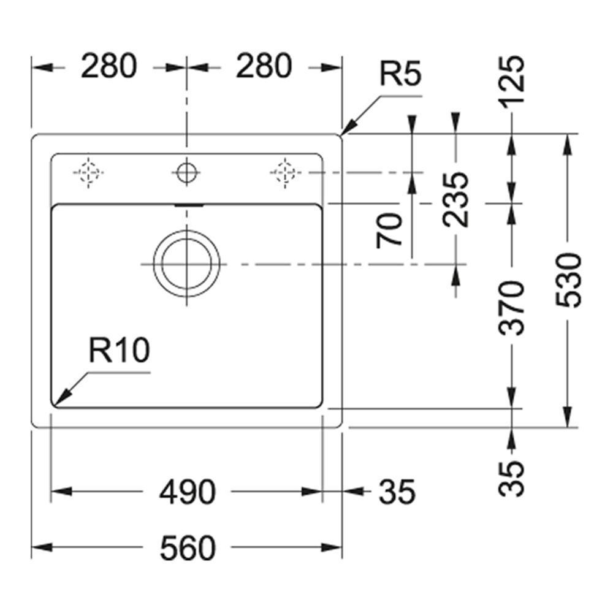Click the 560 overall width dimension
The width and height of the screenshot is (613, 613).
[188, 547]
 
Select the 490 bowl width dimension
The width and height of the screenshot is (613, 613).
[188, 492]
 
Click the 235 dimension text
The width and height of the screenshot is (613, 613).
[456, 199]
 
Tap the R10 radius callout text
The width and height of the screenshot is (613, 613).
[119, 351]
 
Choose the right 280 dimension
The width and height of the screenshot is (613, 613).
[264, 67]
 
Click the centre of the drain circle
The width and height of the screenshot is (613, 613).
[186, 264]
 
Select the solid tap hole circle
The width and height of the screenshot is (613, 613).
[186, 172]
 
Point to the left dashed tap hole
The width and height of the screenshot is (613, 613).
[89, 172]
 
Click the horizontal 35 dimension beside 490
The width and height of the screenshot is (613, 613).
[397, 492]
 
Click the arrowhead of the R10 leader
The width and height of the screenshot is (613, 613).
[59, 401]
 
